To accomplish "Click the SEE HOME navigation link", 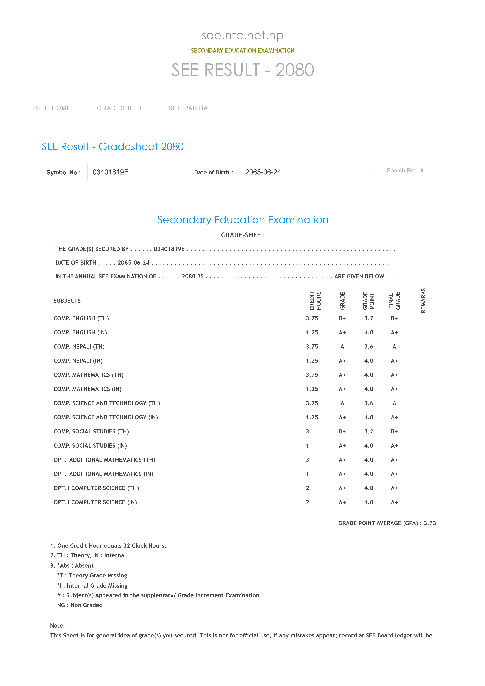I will click(54, 108).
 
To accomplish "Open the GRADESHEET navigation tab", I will click(120, 108).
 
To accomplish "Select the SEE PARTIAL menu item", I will click(190, 108).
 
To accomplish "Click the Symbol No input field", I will click(135, 172).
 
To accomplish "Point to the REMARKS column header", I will click(423, 301).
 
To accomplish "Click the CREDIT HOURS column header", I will click(315, 301).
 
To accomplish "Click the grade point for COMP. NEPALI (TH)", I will click(369, 347).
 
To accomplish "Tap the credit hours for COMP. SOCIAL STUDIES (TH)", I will click(307, 431).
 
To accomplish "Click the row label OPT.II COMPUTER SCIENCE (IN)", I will click(95, 502).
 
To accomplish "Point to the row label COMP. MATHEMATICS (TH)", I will click(88, 375).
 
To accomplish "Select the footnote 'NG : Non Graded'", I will click(80, 605).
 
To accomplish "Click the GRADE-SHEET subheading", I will click(243, 235).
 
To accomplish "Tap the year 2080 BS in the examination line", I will click(193, 276).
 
